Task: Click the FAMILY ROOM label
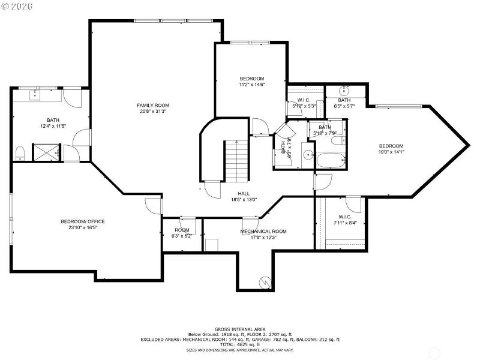[149, 105]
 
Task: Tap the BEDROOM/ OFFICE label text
[83, 221]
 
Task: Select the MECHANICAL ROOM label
[263, 231]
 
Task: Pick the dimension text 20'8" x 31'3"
[149, 111]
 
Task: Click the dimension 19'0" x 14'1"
[391, 152]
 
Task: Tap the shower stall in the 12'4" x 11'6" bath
[47, 152]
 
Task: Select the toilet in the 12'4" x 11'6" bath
[19, 153]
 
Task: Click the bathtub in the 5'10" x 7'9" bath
[331, 161]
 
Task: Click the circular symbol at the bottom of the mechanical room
[264, 281]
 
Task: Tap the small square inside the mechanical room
[211, 245]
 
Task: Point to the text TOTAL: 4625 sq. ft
[239, 344]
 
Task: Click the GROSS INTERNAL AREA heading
[239, 329]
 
